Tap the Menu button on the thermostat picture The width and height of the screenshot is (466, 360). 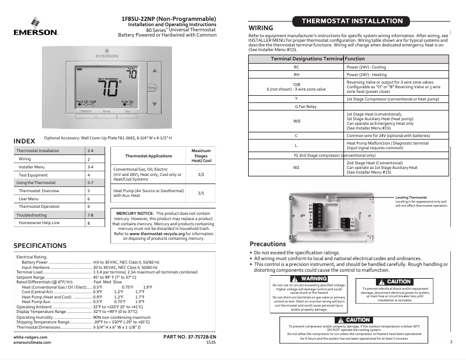(152, 88)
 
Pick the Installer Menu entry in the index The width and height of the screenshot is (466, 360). (31, 167)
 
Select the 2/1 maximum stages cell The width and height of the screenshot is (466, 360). (201, 193)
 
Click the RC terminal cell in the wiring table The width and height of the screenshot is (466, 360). (296, 67)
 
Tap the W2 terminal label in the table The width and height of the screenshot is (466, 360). (296, 167)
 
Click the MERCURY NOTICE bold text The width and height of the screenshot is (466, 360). (138, 214)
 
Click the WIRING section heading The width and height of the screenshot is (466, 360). (261, 28)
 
